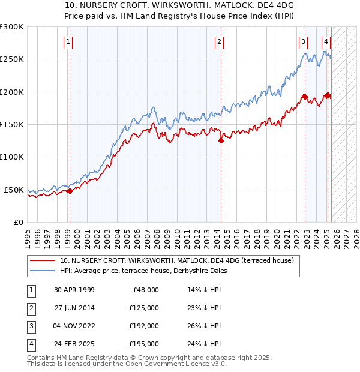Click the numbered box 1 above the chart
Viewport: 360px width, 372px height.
pyautogui.click(x=68, y=42)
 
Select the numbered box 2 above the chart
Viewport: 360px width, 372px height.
pyautogui.click(x=220, y=42)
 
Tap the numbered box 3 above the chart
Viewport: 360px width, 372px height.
pyautogui.click(x=304, y=42)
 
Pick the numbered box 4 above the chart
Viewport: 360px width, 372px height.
pyautogui.click(x=326, y=42)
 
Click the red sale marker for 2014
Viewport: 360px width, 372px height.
pyautogui.click(x=221, y=141)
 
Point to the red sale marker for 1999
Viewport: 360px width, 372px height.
pyautogui.click(x=70, y=191)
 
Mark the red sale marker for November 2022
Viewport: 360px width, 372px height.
pyautogui.click(x=305, y=97)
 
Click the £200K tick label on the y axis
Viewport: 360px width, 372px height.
pyautogui.click(x=12, y=92)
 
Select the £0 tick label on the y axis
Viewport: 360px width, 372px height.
pyautogui.click(x=19, y=222)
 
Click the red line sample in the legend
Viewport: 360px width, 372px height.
pyautogui.click(x=42, y=260)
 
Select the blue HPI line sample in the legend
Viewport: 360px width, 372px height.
pyautogui.click(x=42, y=271)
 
